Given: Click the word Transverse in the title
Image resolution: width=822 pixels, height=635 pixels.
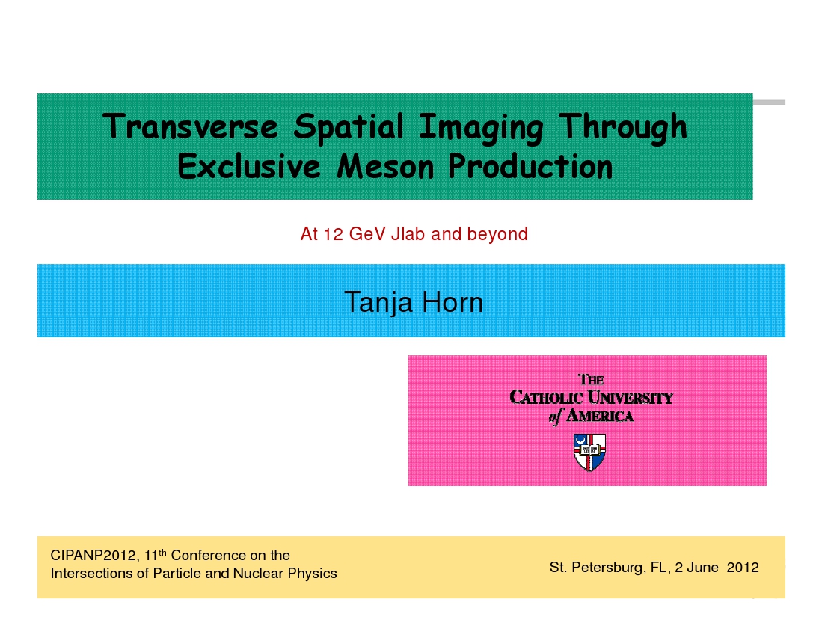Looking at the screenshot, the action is click(190, 126).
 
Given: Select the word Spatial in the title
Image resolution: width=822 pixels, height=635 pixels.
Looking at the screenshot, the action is click(348, 127).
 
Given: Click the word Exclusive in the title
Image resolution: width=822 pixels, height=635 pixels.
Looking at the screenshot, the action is click(249, 166).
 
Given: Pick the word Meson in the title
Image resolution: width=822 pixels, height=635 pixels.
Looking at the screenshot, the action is click(385, 166).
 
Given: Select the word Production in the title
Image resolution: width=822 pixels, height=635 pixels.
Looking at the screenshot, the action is click(530, 166).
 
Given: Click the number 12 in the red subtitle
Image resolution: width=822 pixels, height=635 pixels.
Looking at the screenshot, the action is click(333, 234).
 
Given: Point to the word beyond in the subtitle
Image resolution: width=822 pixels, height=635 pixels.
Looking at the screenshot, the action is click(497, 234).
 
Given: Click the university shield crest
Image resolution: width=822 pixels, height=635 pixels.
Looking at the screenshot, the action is click(590, 452).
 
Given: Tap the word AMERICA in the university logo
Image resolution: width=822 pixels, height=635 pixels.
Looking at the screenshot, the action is click(600, 417).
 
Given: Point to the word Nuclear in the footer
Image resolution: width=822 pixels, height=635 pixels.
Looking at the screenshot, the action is click(254, 573).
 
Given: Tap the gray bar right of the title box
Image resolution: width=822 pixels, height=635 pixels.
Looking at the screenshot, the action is click(769, 102).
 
